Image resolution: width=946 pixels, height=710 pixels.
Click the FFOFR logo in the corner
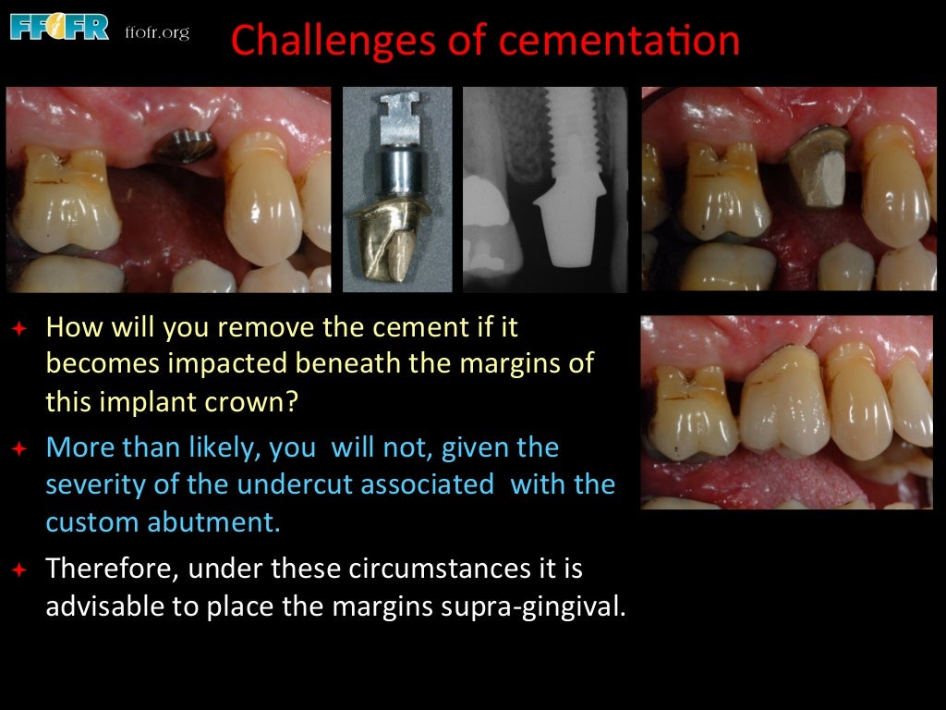pos(59,27)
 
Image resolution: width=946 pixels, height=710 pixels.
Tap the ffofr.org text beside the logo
pos(156,32)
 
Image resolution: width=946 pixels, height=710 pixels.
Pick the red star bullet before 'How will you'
pos(19,328)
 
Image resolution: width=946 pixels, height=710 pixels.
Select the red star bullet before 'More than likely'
pos(19,449)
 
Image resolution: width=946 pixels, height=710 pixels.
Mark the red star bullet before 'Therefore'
pos(19,569)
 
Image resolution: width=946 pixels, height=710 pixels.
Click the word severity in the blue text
pos(94,485)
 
